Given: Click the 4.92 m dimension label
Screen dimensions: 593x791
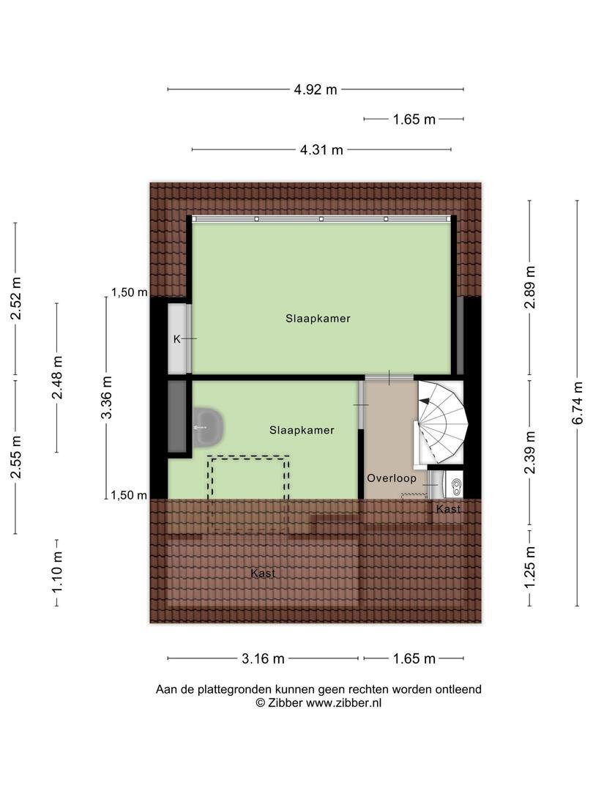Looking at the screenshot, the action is coord(315,90).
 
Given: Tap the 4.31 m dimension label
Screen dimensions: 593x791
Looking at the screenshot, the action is coord(321,150).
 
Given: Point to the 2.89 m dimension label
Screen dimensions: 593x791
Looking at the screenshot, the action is coord(529,287).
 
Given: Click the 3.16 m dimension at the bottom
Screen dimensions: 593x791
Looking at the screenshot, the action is coord(263,659).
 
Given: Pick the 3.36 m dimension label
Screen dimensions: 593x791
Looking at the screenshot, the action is coord(106,398).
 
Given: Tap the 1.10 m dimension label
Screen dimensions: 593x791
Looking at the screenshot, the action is coord(57,571).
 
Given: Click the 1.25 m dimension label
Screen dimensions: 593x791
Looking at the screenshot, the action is coord(529,568).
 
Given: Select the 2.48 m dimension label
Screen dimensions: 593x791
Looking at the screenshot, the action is coord(57,377).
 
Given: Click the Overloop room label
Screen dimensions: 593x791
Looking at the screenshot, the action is coord(391,478).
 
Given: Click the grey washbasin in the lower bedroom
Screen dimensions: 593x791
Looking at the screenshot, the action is coord(207,427).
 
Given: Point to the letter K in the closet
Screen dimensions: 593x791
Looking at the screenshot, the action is coord(176,339).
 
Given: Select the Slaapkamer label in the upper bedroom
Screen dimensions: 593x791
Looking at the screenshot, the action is coord(318,319).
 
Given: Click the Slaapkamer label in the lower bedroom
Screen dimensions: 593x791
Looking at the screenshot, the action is coord(302,431).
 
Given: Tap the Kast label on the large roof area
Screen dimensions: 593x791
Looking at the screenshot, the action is coord(263,573).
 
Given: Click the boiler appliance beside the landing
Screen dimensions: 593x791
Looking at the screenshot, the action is coord(452,485).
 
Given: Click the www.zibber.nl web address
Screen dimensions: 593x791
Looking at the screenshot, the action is coord(343,702).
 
